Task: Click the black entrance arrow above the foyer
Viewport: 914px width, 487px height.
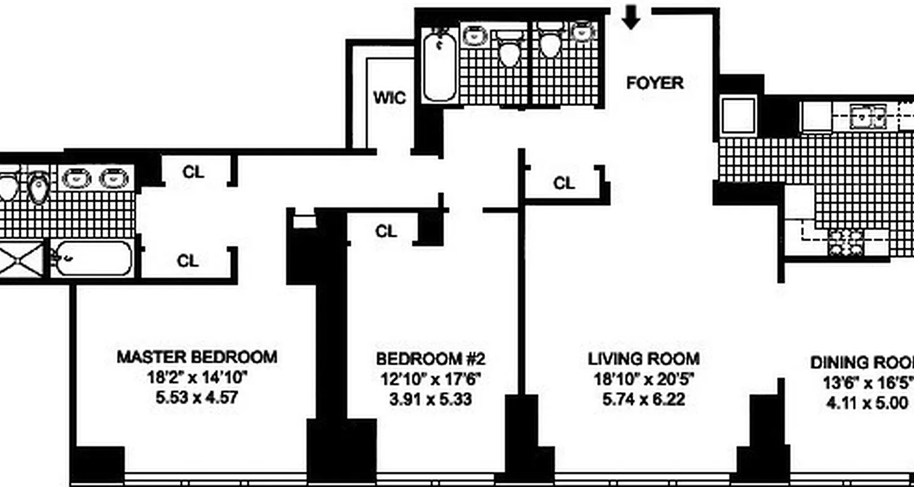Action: pyautogui.click(x=631, y=19)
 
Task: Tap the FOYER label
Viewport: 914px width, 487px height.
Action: pyautogui.click(x=655, y=83)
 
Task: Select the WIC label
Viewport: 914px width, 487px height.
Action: pyautogui.click(x=389, y=98)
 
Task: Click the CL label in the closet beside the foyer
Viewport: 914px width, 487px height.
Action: pyautogui.click(x=564, y=183)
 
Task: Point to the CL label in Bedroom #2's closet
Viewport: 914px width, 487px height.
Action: pyautogui.click(x=386, y=231)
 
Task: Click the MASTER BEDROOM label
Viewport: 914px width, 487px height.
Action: pyautogui.click(x=197, y=357)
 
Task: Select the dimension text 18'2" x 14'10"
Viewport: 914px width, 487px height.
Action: pyautogui.click(x=197, y=378)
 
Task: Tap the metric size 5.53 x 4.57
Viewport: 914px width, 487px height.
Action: pyautogui.click(x=197, y=399)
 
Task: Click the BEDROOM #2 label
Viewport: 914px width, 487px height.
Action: pyautogui.click(x=430, y=358)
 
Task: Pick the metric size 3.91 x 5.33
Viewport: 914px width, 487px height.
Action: pyautogui.click(x=430, y=400)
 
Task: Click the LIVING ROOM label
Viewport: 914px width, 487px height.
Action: pyautogui.click(x=643, y=359)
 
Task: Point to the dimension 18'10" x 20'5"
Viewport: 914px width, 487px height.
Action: pyautogui.click(x=643, y=379)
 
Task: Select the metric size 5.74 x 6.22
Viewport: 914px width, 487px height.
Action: pyautogui.click(x=643, y=400)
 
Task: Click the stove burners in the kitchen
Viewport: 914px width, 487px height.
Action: pyautogui.click(x=846, y=242)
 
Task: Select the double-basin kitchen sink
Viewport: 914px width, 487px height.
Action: pyautogui.click(x=868, y=116)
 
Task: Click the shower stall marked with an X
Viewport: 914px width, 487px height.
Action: pyautogui.click(x=22, y=259)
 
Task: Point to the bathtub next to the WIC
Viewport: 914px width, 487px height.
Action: pyautogui.click(x=439, y=67)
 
